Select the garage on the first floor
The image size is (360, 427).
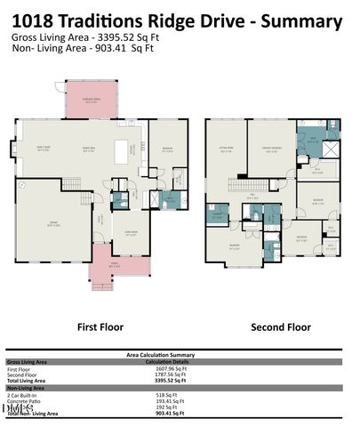coord(53,222)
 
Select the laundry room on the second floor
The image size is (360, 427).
coord(217,213)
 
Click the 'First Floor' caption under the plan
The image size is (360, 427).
coord(100,327)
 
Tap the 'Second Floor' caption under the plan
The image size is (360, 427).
coord(280,327)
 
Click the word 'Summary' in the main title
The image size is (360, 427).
coord(296,19)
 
